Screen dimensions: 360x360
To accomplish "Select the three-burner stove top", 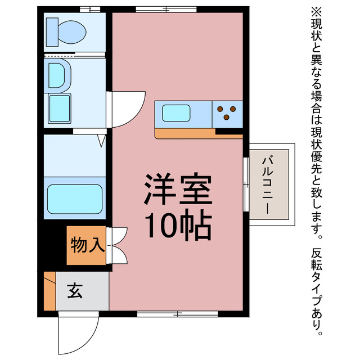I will [x=227, y=113].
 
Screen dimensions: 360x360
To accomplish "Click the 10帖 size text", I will [x=178, y=226].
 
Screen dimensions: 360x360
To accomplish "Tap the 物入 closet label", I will [x=87, y=245].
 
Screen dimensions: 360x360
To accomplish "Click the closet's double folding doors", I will [x=119, y=245].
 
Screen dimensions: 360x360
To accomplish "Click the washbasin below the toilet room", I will [x=58, y=74].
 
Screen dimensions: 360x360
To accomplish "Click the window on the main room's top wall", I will [x=166, y=8].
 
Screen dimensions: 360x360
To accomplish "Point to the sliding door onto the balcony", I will [x=246, y=184].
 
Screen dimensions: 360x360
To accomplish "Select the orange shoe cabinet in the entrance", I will [x=50, y=291].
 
